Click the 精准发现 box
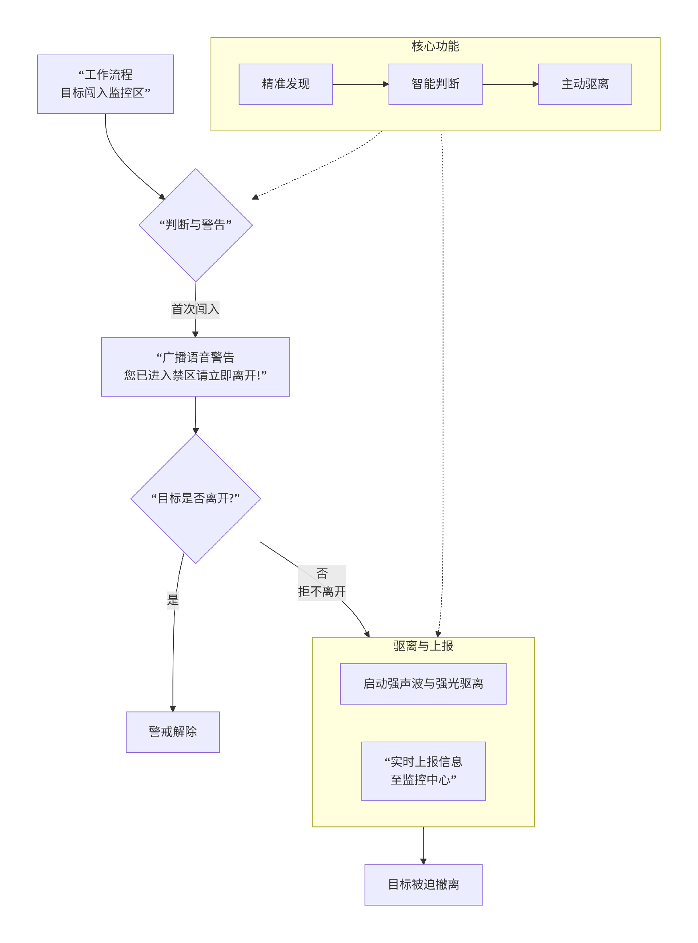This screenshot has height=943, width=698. tap(286, 84)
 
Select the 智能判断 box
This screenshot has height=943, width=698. tap(435, 84)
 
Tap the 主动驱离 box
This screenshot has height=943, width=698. tap(585, 84)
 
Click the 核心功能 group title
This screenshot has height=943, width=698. tap(435, 46)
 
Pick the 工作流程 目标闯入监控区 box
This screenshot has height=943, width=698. tap(105, 84)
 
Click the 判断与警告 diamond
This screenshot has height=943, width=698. tap(196, 225)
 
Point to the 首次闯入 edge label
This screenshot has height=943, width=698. tap(195, 309)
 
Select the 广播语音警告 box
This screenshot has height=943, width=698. tap(195, 366)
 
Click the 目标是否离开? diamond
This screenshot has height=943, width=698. tap(196, 498)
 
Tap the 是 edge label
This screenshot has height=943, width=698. tap(173, 599)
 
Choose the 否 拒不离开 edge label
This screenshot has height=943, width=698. tap(322, 583)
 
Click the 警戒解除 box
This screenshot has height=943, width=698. tap(173, 732)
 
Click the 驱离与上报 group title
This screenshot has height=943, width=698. tap(423, 646)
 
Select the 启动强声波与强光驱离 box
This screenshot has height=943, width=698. tap(423, 683)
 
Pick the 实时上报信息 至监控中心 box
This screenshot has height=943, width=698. tap(423, 771)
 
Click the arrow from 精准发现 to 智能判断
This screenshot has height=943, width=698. tap(360, 84)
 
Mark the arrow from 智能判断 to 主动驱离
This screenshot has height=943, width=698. tap(510, 84)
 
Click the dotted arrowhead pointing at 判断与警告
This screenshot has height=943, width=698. tap(255, 197)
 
